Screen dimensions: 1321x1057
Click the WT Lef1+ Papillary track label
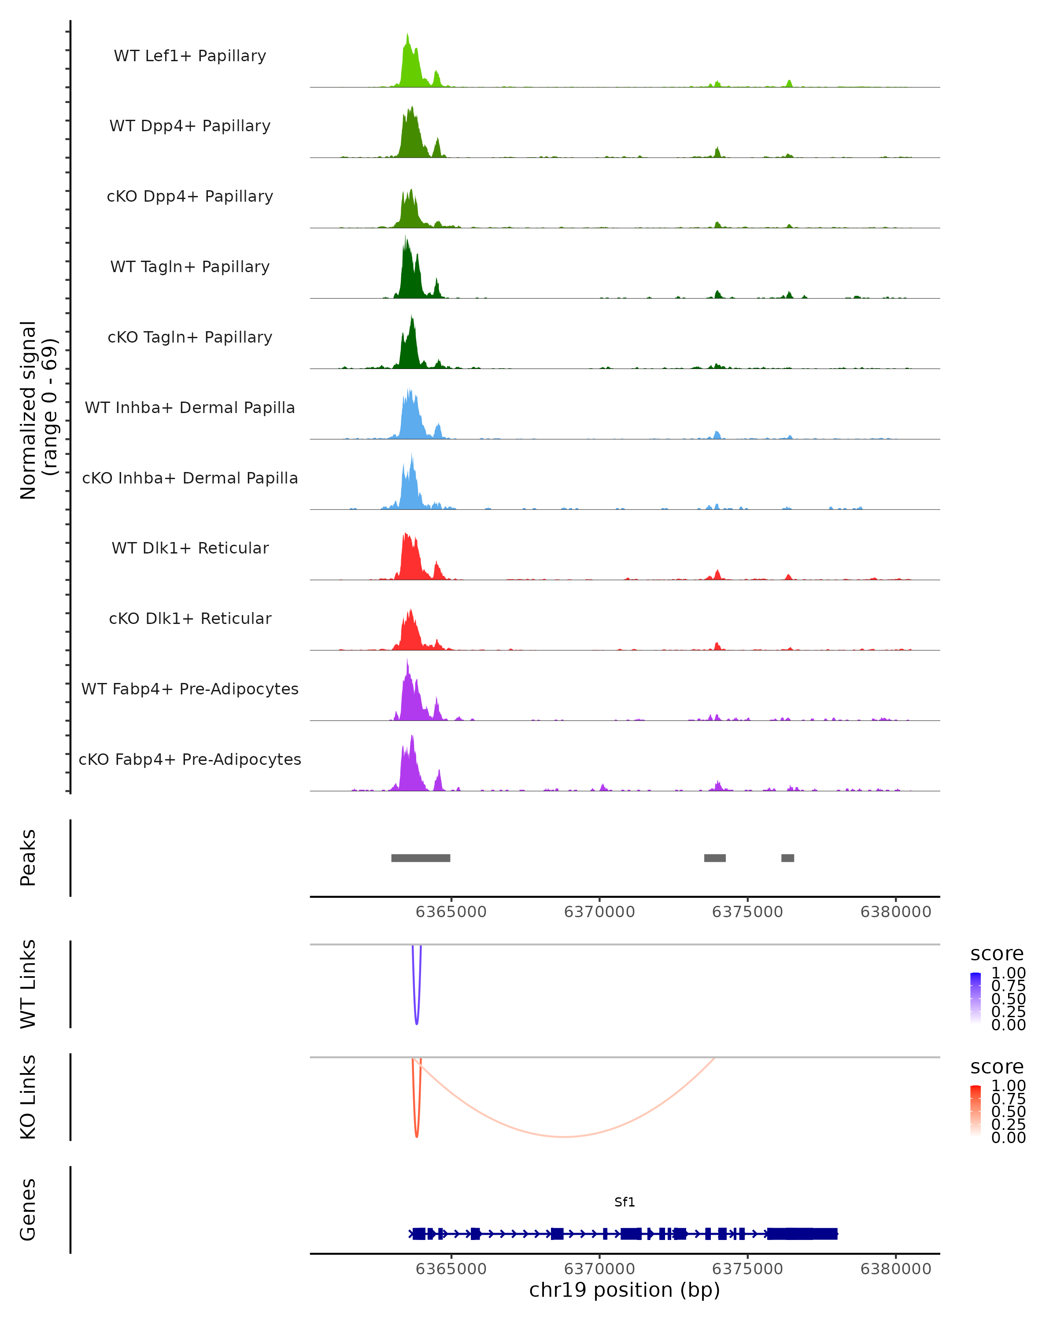(x=190, y=56)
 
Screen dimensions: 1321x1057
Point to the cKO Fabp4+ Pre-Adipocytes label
(x=190, y=759)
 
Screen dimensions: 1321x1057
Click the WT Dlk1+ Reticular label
(x=190, y=548)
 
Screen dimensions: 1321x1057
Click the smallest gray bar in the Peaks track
(x=787, y=858)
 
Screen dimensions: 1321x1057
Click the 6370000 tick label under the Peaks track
(x=599, y=912)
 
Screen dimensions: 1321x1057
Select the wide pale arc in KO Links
(x=564, y=1137)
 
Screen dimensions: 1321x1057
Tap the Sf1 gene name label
(x=625, y=1202)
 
